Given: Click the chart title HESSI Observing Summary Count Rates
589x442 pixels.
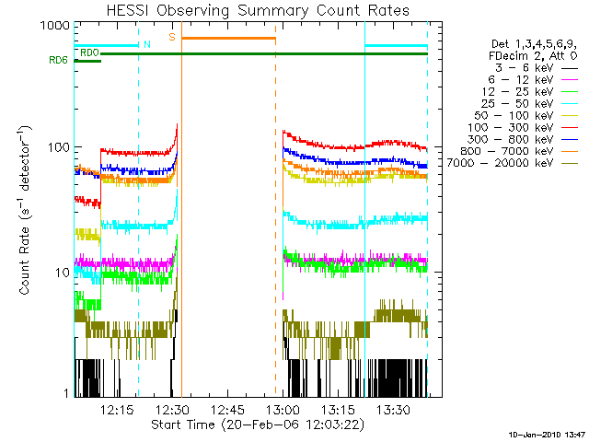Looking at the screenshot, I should pos(259,10).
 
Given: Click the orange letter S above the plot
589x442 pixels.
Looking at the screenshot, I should pos(171,37).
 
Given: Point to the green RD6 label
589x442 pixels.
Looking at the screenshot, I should pos(58,62).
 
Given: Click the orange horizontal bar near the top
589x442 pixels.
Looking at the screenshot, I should pos(228,38).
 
